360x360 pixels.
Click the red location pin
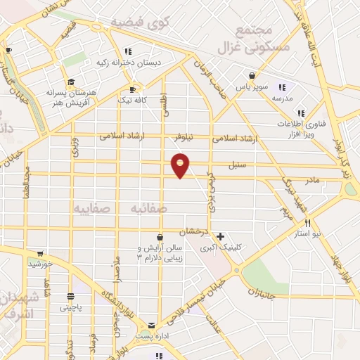181,165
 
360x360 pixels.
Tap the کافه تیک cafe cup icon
132,89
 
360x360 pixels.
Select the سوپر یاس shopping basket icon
252,76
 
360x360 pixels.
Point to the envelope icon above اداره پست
151,326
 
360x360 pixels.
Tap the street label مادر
311,180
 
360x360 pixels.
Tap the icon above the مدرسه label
282,87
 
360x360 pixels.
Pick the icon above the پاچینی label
70,296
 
